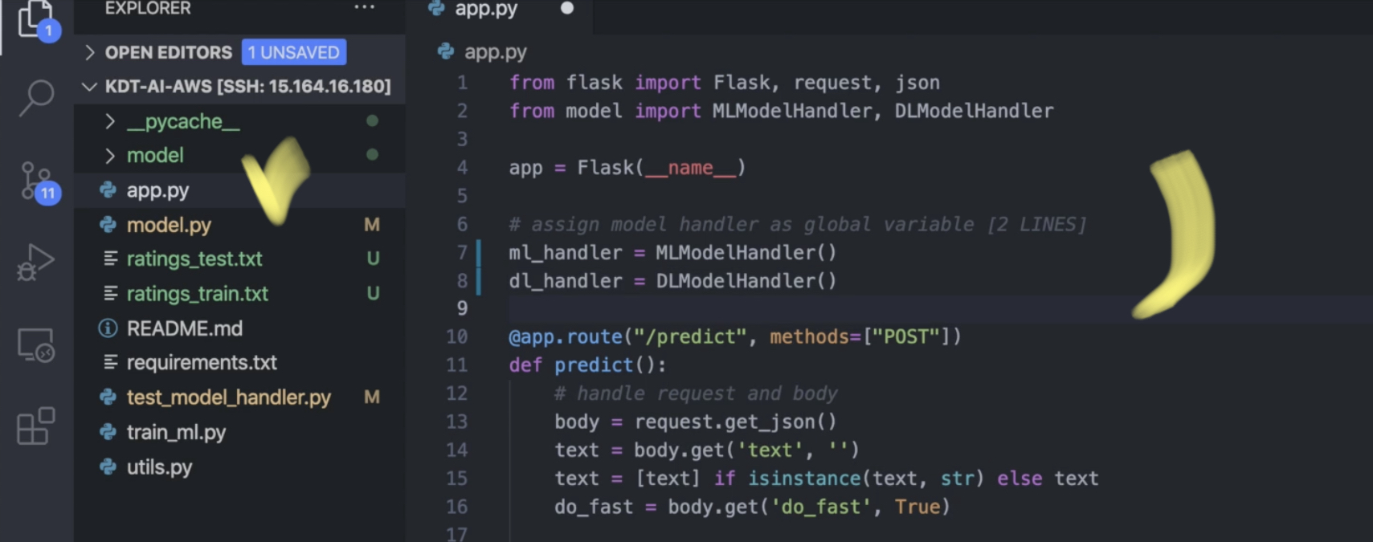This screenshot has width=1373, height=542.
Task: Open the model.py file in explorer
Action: point(169,225)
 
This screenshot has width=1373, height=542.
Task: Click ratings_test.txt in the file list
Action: point(194,259)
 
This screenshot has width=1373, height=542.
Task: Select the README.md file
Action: point(184,328)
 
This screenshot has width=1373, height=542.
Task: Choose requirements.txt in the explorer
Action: point(201,363)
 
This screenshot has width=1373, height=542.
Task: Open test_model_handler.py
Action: point(228,397)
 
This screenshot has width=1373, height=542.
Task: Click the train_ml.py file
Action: point(176,432)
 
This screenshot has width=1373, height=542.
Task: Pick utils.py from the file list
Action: point(159,467)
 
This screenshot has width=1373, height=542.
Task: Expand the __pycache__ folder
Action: point(182,121)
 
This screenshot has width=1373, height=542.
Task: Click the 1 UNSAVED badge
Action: point(293,52)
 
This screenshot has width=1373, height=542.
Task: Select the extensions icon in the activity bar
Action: point(36,426)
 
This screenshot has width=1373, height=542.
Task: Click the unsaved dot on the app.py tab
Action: point(567,8)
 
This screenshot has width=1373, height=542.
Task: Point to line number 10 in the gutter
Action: point(456,336)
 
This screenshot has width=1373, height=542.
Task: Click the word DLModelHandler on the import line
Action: point(974,111)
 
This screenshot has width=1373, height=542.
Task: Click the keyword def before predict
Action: point(525,365)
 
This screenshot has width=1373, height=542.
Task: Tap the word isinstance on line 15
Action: point(803,479)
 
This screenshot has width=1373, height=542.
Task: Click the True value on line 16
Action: point(917,507)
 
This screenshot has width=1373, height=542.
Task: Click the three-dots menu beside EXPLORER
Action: point(365,8)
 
